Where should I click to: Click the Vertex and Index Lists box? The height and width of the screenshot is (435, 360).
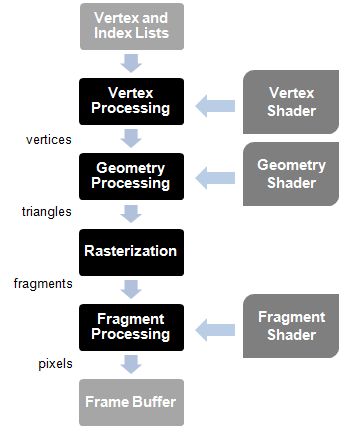[130, 26]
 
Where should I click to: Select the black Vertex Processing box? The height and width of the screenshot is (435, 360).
[130, 100]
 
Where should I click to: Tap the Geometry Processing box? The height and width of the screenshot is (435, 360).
[130, 176]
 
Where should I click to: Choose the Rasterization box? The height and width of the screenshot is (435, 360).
[130, 251]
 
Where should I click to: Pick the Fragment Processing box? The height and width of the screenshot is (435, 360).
[130, 326]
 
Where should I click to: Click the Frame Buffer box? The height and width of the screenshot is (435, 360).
[130, 402]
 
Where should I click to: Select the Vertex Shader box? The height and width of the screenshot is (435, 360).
[292, 100]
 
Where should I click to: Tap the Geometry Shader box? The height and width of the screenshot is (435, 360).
[292, 174]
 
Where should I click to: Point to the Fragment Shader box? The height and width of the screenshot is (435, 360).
[292, 326]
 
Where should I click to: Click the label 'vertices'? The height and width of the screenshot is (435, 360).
[47, 140]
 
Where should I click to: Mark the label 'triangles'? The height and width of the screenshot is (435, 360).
[47, 212]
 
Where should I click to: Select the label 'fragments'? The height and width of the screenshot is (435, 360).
[43, 283]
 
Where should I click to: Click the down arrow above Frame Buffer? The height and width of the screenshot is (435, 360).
[131, 364]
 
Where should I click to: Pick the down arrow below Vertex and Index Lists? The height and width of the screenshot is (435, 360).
[131, 63]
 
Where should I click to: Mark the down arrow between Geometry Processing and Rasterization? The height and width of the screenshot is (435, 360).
[131, 213]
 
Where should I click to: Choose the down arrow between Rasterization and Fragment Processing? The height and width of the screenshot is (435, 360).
[131, 289]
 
